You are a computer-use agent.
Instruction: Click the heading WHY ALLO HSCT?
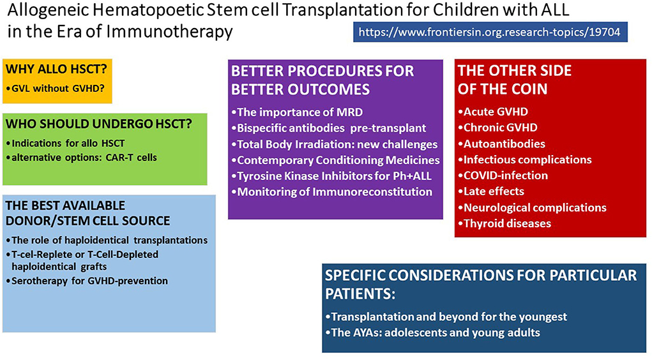[x=57, y=69]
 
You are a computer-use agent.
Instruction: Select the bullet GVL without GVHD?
[x=56, y=88]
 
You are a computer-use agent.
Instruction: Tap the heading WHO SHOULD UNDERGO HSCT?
[x=99, y=124]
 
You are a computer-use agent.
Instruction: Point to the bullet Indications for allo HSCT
[x=65, y=144]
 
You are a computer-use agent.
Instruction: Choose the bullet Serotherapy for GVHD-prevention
[x=87, y=281]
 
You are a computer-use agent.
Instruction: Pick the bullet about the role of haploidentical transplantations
[x=107, y=240]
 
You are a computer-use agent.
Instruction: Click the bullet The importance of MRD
[x=298, y=112]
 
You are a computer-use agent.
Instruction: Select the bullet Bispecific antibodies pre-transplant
[x=329, y=128]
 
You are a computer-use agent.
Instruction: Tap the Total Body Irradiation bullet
[x=335, y=144]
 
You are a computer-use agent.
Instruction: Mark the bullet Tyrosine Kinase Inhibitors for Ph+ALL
[x=332, y=176]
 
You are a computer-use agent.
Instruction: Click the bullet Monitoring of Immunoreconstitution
[x=332, y=192]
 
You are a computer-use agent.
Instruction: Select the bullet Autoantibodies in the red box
[x=502, y=144]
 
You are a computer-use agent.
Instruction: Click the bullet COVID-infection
[x=503, y=176]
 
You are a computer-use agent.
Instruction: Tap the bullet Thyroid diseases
[x=504, y=223]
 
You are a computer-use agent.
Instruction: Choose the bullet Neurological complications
[x=533, y=207]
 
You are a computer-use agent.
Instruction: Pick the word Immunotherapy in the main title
[x=169, y=31]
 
